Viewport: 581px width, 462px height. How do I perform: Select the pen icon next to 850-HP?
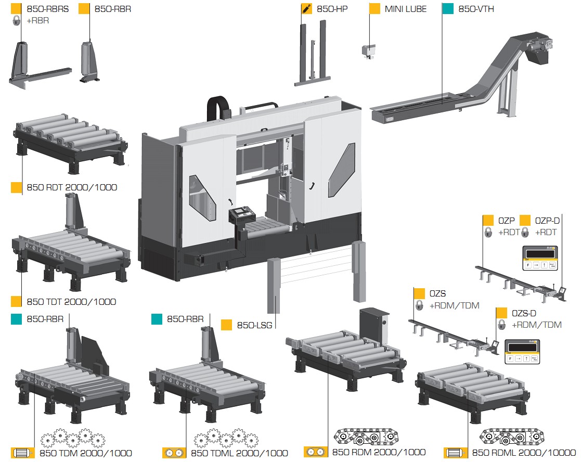(x=307, y=9)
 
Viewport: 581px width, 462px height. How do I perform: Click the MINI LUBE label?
(x=406, y=9)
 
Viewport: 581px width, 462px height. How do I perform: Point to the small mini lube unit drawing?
(x=369, y=50)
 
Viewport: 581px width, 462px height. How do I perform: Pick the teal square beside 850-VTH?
(x=447, y=9)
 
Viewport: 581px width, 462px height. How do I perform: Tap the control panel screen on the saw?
(x=241, y=213)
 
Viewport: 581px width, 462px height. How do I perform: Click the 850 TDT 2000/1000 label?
(x=71, y=302)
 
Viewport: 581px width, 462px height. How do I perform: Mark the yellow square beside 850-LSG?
(x=226, y=325)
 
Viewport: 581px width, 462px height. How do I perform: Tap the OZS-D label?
(x=524, y=313)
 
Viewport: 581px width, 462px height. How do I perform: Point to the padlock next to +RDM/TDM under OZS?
(x=419, y=306)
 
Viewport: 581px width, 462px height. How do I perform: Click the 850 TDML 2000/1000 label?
(x=239, y=453)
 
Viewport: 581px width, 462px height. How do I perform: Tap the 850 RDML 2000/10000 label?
(x=520, y=453)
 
